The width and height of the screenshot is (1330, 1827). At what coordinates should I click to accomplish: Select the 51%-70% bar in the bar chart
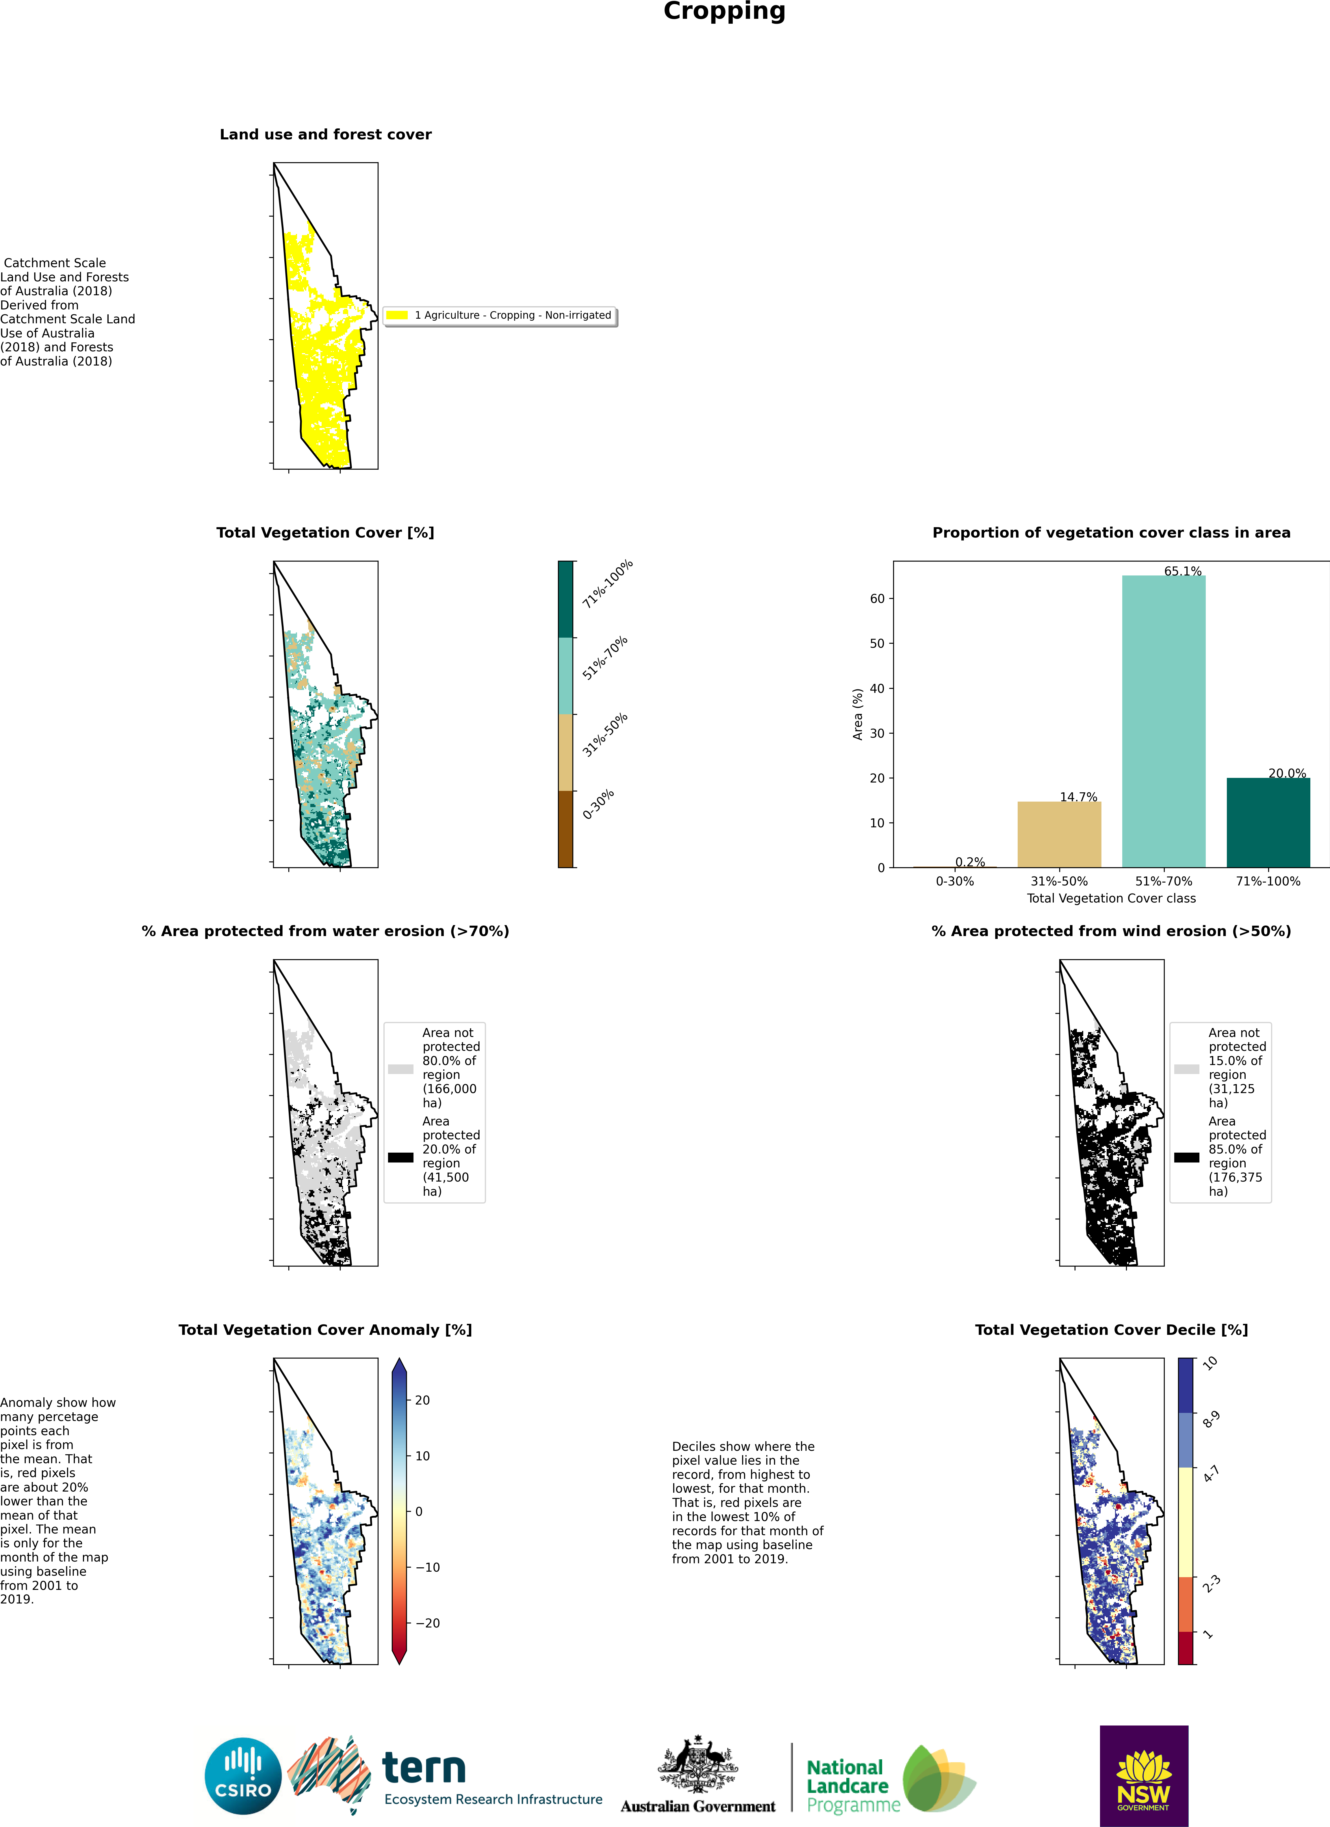(1163, 721)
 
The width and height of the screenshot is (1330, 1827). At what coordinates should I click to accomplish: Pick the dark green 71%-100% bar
(1268, 822)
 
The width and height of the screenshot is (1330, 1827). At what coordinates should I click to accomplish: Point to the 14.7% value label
(1078, 797)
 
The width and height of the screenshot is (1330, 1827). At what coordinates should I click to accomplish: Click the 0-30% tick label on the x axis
(955, 881)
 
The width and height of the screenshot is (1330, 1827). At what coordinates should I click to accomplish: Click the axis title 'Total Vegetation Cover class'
(1111, 898)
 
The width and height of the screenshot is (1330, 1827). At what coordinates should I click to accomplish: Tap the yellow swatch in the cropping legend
(397, 315)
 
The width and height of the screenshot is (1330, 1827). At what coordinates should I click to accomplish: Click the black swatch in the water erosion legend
(401, 1158)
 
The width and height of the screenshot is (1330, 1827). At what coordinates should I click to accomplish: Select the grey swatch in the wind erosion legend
(1187, 1069)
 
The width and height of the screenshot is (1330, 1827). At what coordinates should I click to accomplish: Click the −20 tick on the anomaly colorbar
(428, 1623)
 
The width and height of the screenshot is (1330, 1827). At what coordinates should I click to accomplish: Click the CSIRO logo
(243, 1776)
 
